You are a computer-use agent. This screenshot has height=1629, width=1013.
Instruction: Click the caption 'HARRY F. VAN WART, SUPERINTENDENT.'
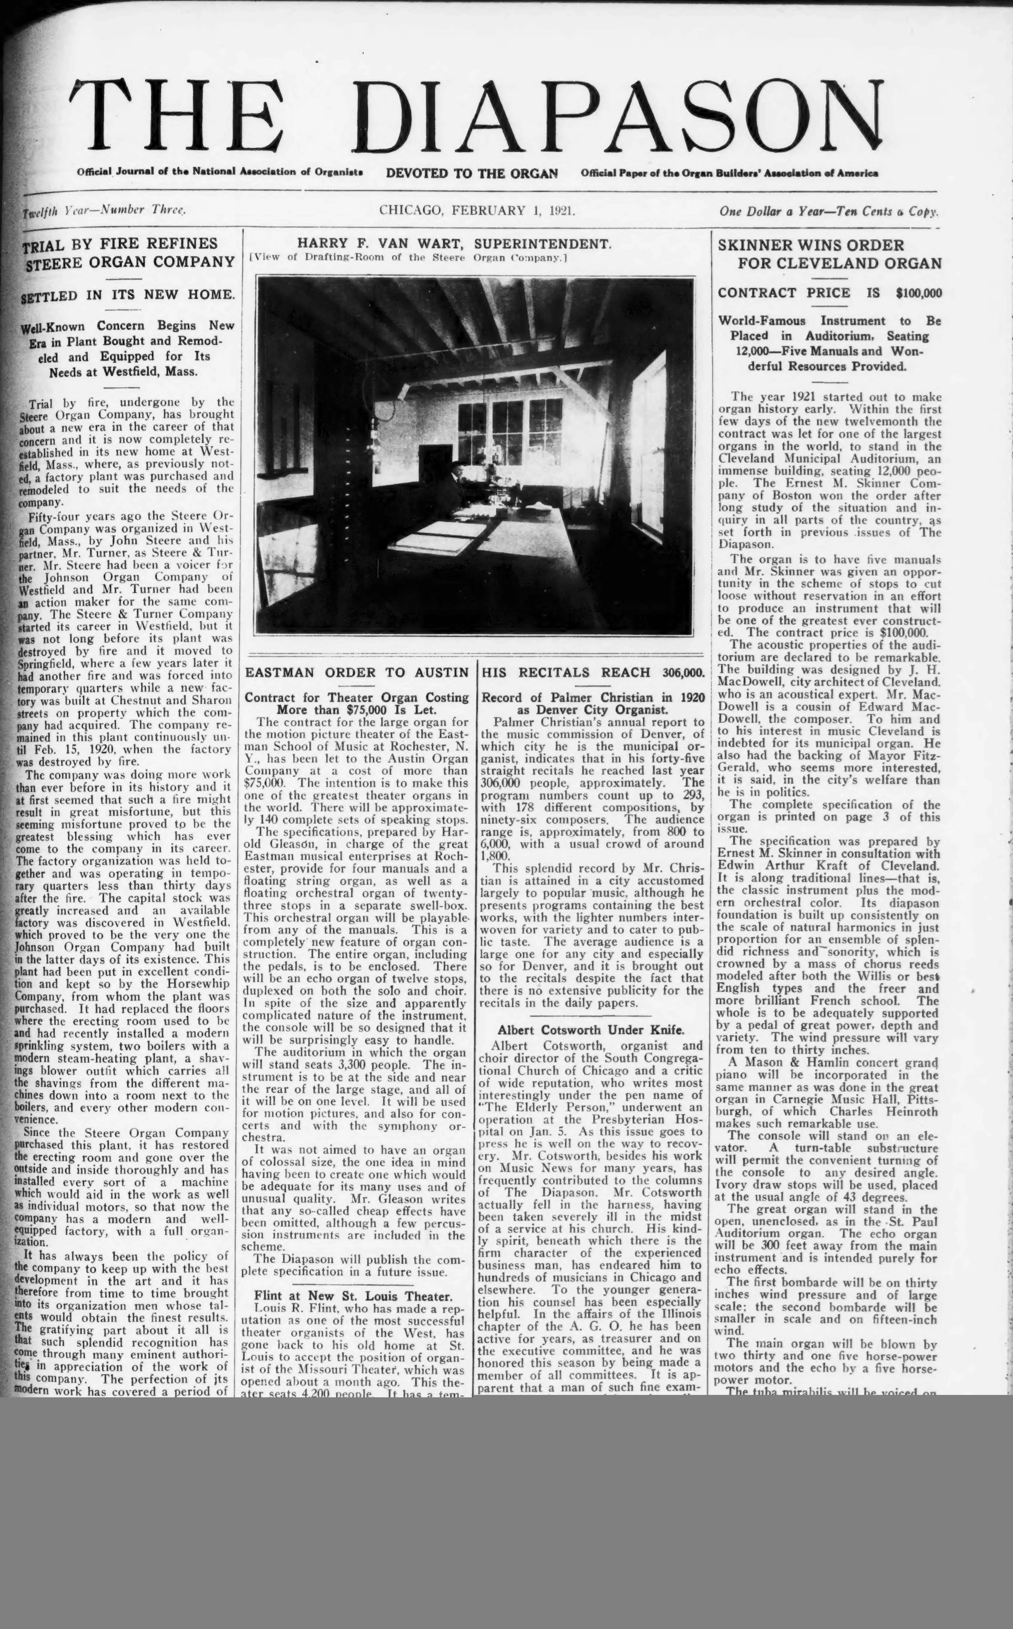pos(454,244)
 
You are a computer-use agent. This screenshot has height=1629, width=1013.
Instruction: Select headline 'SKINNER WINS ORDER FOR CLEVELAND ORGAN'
pos(829,254)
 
